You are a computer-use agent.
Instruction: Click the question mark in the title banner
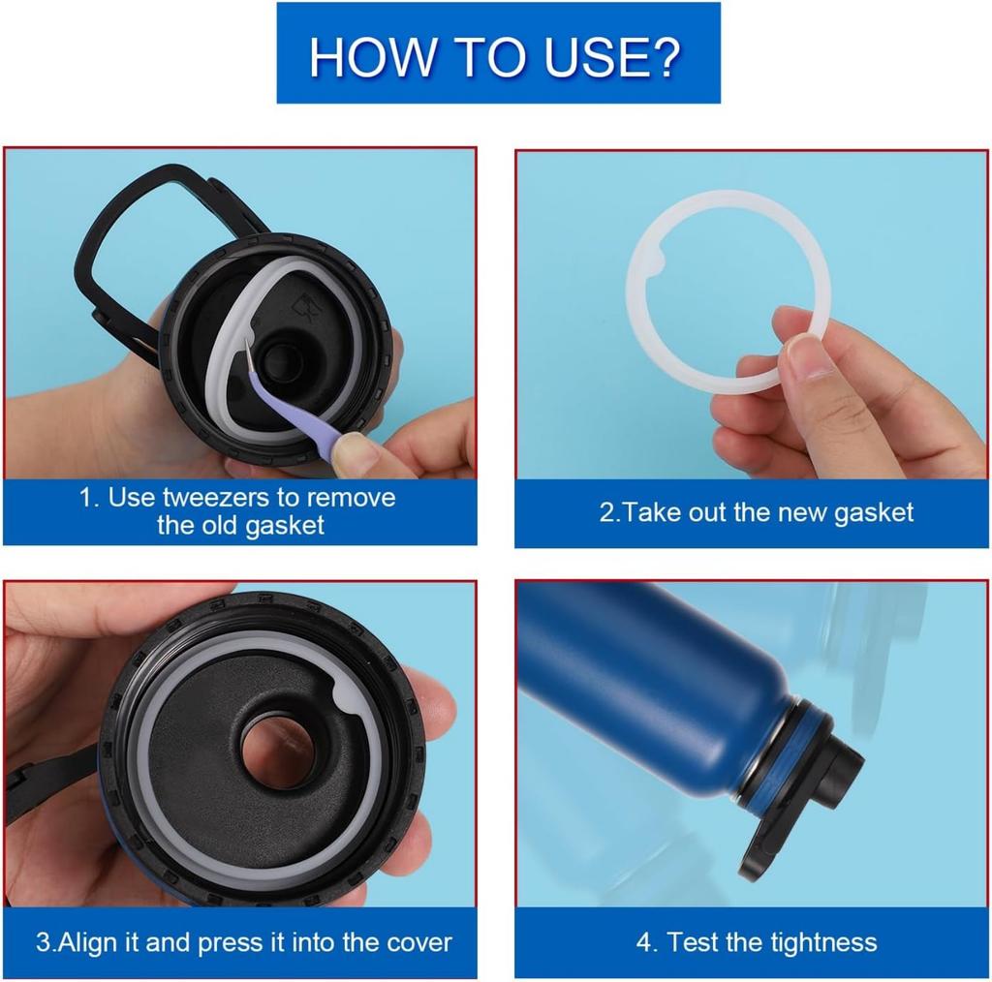pyautogui.click(x=665, y=57)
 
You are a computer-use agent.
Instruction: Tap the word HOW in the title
pyautogui.click(x=372, y=57)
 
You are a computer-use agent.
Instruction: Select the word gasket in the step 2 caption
pyautogui.click(x=873, y=513)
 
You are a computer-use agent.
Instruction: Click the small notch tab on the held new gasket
pyautogui.click(x=658, y=256)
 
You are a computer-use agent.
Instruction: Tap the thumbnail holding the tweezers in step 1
pyautogui.click(x=352, y=450)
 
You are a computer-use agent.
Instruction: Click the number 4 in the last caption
pyautogui.click(x=644, y=943)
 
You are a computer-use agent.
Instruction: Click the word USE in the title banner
pyautogui.click(x=592, y=57)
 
